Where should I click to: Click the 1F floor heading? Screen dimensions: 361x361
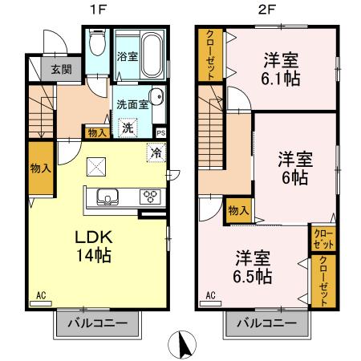pyautogui.click(x=94, y=10)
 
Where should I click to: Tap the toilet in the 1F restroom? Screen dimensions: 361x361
pyautogui.click(x=97, y=42)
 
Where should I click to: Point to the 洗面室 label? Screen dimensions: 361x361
pyautogui.click(x=132, y=103)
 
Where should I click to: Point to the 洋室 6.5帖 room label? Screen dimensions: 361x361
pyautogui.click(x=252, y=267)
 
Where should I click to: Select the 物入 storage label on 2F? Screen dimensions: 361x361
pyautogui.click(x=237, y=210)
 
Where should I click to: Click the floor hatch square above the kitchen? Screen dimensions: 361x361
pyautogui.click(x=95, y=167)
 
